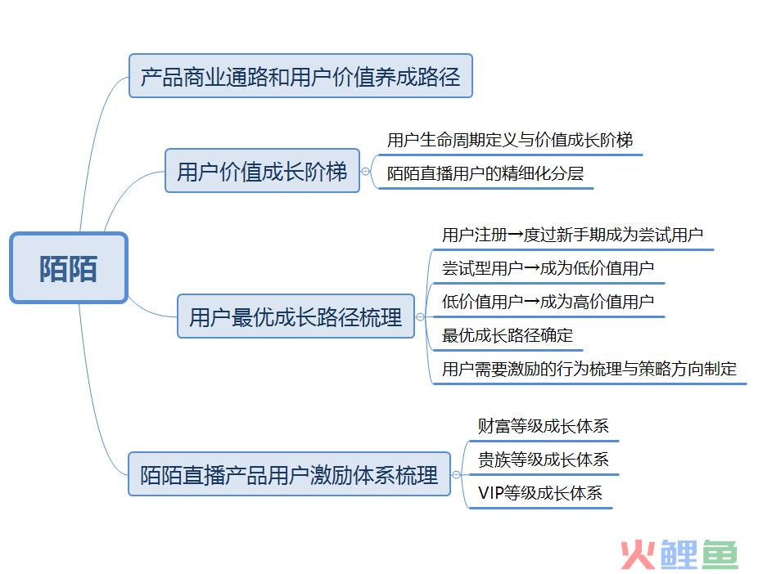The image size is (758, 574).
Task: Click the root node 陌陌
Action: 69,268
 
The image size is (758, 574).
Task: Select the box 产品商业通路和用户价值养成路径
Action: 300,76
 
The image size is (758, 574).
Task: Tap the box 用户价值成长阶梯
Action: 262,171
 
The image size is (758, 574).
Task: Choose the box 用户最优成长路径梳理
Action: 296,316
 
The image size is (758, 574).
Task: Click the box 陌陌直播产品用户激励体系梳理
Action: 289,474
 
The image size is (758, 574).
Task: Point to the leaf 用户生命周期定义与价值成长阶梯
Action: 510,140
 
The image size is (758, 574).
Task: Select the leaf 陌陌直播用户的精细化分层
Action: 485,173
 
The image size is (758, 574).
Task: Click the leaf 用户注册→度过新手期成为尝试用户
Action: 572,235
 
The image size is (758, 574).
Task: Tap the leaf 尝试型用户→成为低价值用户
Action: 548,268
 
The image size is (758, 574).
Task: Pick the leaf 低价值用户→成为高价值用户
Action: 548,302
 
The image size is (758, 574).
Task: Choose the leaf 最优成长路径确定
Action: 507,335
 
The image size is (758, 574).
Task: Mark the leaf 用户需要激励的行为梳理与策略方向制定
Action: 589,369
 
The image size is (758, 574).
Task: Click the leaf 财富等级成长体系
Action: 543,426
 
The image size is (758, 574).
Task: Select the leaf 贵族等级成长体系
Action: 543,459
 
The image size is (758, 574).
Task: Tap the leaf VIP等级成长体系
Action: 540,493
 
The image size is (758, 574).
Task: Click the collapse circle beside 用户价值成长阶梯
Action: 365,171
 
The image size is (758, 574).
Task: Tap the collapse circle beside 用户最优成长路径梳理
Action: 420,316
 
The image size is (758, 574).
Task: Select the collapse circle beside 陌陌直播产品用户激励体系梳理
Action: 456,474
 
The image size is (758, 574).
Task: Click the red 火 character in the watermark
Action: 638,554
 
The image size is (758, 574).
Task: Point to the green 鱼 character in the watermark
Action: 720,554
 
